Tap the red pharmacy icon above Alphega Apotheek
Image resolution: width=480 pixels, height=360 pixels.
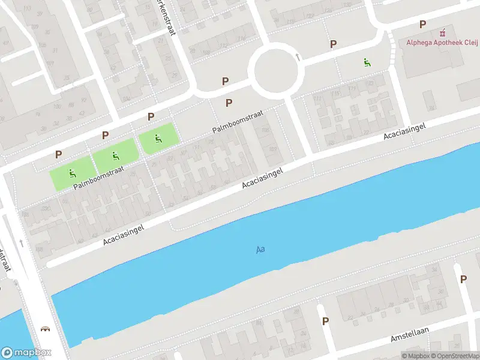point(443,32)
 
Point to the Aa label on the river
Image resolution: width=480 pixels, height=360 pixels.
point(260,249)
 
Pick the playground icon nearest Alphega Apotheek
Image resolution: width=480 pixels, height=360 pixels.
point(367,62)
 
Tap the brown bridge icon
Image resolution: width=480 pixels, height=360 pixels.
point(44,328)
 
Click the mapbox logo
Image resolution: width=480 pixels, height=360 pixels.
point(26,353)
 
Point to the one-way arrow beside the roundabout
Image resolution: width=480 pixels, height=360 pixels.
point(298,57)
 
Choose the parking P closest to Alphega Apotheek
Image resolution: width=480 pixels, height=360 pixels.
point(423,25)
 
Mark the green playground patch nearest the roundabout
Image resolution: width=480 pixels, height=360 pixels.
point(159,138)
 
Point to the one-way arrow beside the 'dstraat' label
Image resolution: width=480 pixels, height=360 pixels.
point(22,243)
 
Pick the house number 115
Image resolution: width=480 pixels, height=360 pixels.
point(336,93)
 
